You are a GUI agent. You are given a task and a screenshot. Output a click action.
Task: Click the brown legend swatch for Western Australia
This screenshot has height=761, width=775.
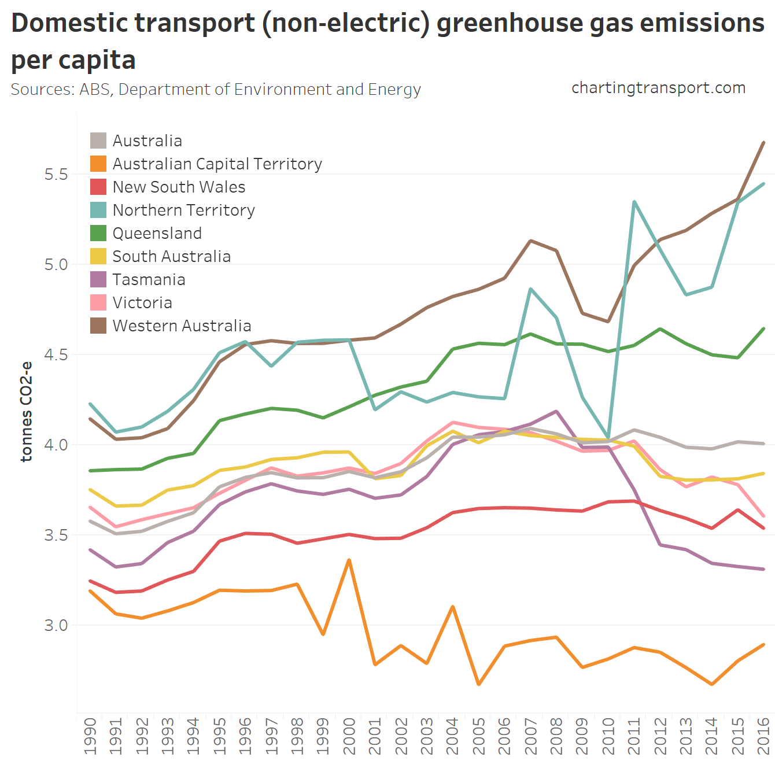coord(98,326)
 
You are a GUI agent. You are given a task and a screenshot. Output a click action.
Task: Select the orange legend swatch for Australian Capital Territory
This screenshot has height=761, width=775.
coord(98,164)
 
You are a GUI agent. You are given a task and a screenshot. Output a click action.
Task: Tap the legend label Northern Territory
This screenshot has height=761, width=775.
coord(183,210)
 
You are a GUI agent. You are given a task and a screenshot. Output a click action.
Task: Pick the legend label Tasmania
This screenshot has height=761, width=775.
coord(149,279)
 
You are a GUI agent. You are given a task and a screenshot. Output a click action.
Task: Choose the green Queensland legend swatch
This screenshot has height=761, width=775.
coord(98,233)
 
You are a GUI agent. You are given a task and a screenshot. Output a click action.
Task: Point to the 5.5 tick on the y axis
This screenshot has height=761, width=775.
coord(56,174)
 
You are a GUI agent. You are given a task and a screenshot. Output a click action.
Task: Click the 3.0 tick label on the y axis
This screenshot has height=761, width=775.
coord(56,625)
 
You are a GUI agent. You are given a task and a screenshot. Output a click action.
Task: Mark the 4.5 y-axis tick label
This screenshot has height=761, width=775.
coord(56,354)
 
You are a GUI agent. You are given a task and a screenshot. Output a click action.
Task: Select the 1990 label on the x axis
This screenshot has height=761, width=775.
coord(90,736)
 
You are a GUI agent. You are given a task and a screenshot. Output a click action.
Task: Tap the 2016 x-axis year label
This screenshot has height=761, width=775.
coord(763,736)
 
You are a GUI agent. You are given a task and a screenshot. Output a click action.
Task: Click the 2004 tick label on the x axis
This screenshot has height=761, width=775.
coord(452,736)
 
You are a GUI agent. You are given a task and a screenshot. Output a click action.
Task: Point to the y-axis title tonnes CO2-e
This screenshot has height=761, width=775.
coord(27,412)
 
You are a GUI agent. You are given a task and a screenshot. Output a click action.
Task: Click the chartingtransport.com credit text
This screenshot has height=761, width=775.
coord(658,88)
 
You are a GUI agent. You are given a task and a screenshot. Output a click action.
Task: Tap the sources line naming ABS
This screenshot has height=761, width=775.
coord(216,90)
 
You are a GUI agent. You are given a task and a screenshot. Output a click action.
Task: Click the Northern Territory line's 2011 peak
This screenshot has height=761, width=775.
coord(634,202)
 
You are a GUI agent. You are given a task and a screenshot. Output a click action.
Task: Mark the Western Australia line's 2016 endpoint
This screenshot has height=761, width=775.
coord(764,142)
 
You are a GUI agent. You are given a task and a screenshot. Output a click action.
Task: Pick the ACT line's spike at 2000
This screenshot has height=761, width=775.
coord(349,560)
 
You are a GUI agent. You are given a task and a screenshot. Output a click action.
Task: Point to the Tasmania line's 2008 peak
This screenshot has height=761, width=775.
coord(556,411)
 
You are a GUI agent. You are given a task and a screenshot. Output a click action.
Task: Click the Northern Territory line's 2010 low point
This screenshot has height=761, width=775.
coord(608,438)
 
